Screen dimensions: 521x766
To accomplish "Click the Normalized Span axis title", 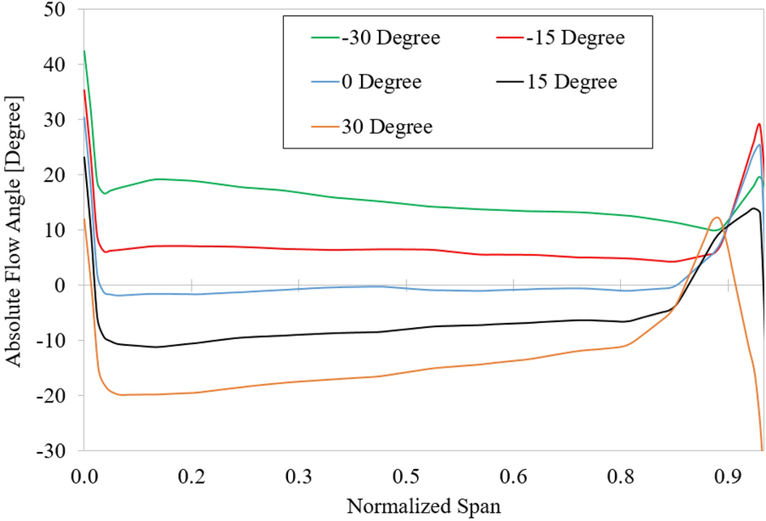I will (424, 507).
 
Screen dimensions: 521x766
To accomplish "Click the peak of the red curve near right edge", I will (759, 124).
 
